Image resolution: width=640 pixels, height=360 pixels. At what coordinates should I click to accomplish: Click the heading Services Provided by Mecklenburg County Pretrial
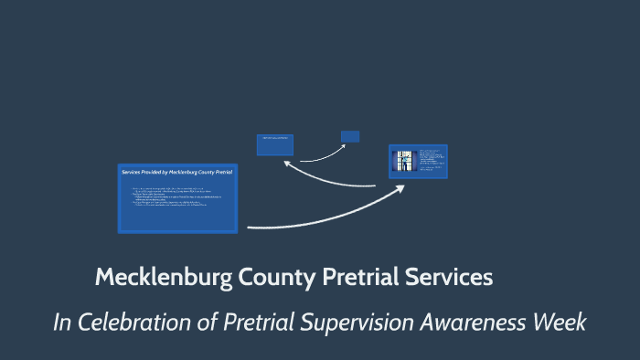coord(177,172)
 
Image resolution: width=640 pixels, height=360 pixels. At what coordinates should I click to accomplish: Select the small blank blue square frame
coord(350,136)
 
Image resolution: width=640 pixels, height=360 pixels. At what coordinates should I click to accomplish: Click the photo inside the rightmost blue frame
coord(404,162)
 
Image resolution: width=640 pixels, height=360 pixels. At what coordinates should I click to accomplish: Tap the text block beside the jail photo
coord(432,161)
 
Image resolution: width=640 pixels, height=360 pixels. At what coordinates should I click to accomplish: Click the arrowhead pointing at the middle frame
coord(286,162)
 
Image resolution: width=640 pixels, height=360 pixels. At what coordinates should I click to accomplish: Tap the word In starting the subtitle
coord(61,323)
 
